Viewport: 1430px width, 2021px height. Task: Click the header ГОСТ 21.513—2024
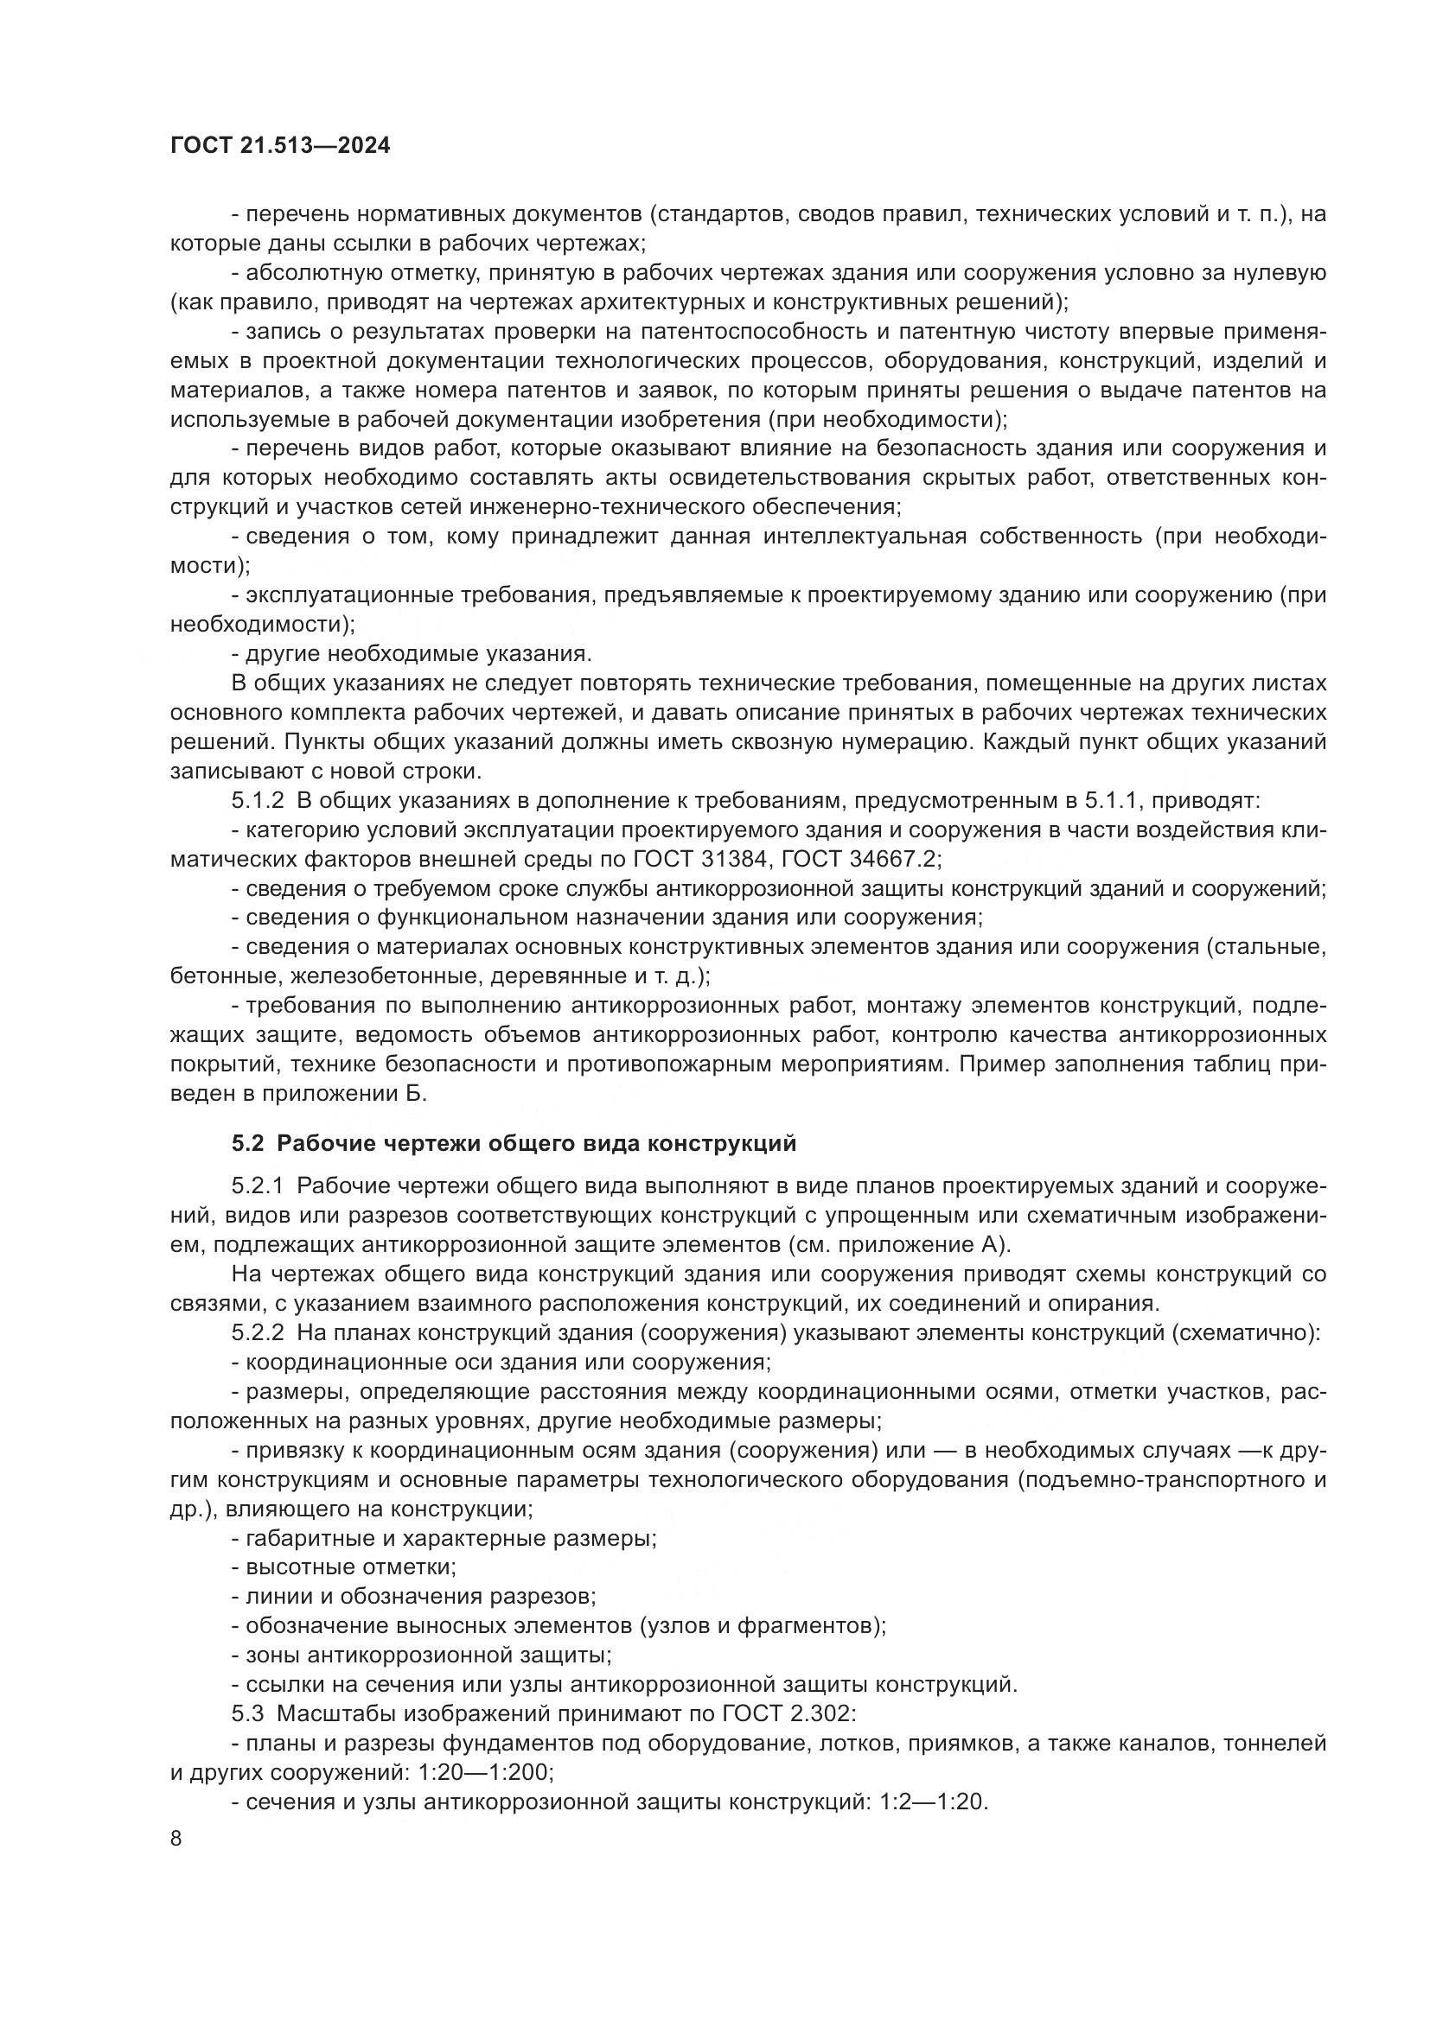point(280,146)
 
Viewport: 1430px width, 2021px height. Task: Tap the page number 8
point(176,1838)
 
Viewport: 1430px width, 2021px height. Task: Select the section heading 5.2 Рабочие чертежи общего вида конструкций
point(514,1143)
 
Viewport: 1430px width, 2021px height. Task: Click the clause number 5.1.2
point(258,801)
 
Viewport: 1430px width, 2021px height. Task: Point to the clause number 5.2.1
point(258,1186)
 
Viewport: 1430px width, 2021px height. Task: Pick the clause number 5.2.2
point(258,1333)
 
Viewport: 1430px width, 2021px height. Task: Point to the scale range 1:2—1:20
point(934,1801)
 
